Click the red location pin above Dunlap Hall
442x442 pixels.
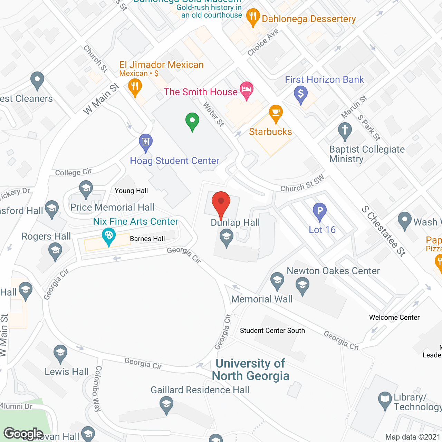click(x=221, y=202)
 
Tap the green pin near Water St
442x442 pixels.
click(x=192, y=121)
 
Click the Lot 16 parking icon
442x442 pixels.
click(x=320, y=211)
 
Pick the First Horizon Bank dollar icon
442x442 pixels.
click(x=301, y=94)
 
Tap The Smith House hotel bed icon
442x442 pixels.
click(x=247, y=89)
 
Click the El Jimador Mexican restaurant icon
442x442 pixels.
click(x=135, y=87)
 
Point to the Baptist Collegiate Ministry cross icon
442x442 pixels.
click(x=345, y=131)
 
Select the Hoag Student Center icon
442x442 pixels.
click(x=146, y=142)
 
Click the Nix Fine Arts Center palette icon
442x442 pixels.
click(x=109, y=236)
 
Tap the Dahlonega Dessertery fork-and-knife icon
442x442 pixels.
click(x=253, y=16)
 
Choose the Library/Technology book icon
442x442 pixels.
click(x=385, y=400)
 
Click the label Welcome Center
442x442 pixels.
click(x=394, y=317)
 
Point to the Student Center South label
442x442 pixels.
click(x=272, y=330)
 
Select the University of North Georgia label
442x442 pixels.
click(x=250, y=369)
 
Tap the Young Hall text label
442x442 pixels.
click(x=131, y=191)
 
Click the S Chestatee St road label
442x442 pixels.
click(x=384, y=231)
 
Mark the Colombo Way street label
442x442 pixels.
click(x=98, y=388)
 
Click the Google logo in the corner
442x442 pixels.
click(x=23, y=433)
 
